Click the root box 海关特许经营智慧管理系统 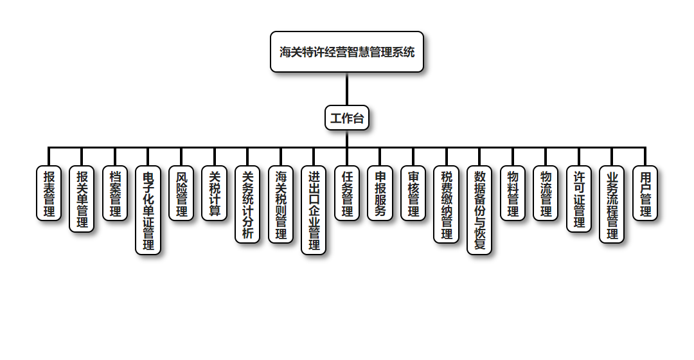347,52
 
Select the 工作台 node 347,118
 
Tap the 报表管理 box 49,194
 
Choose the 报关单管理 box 82,199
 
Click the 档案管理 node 115,194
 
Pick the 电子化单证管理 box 148,210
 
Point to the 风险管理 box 181,194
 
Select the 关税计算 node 214,194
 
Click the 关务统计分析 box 247,204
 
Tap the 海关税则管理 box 281,204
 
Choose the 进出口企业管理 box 314,210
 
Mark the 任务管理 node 347,194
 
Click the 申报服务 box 380,194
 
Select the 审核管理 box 413,194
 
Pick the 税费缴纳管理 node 447,204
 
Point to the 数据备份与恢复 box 479,210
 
